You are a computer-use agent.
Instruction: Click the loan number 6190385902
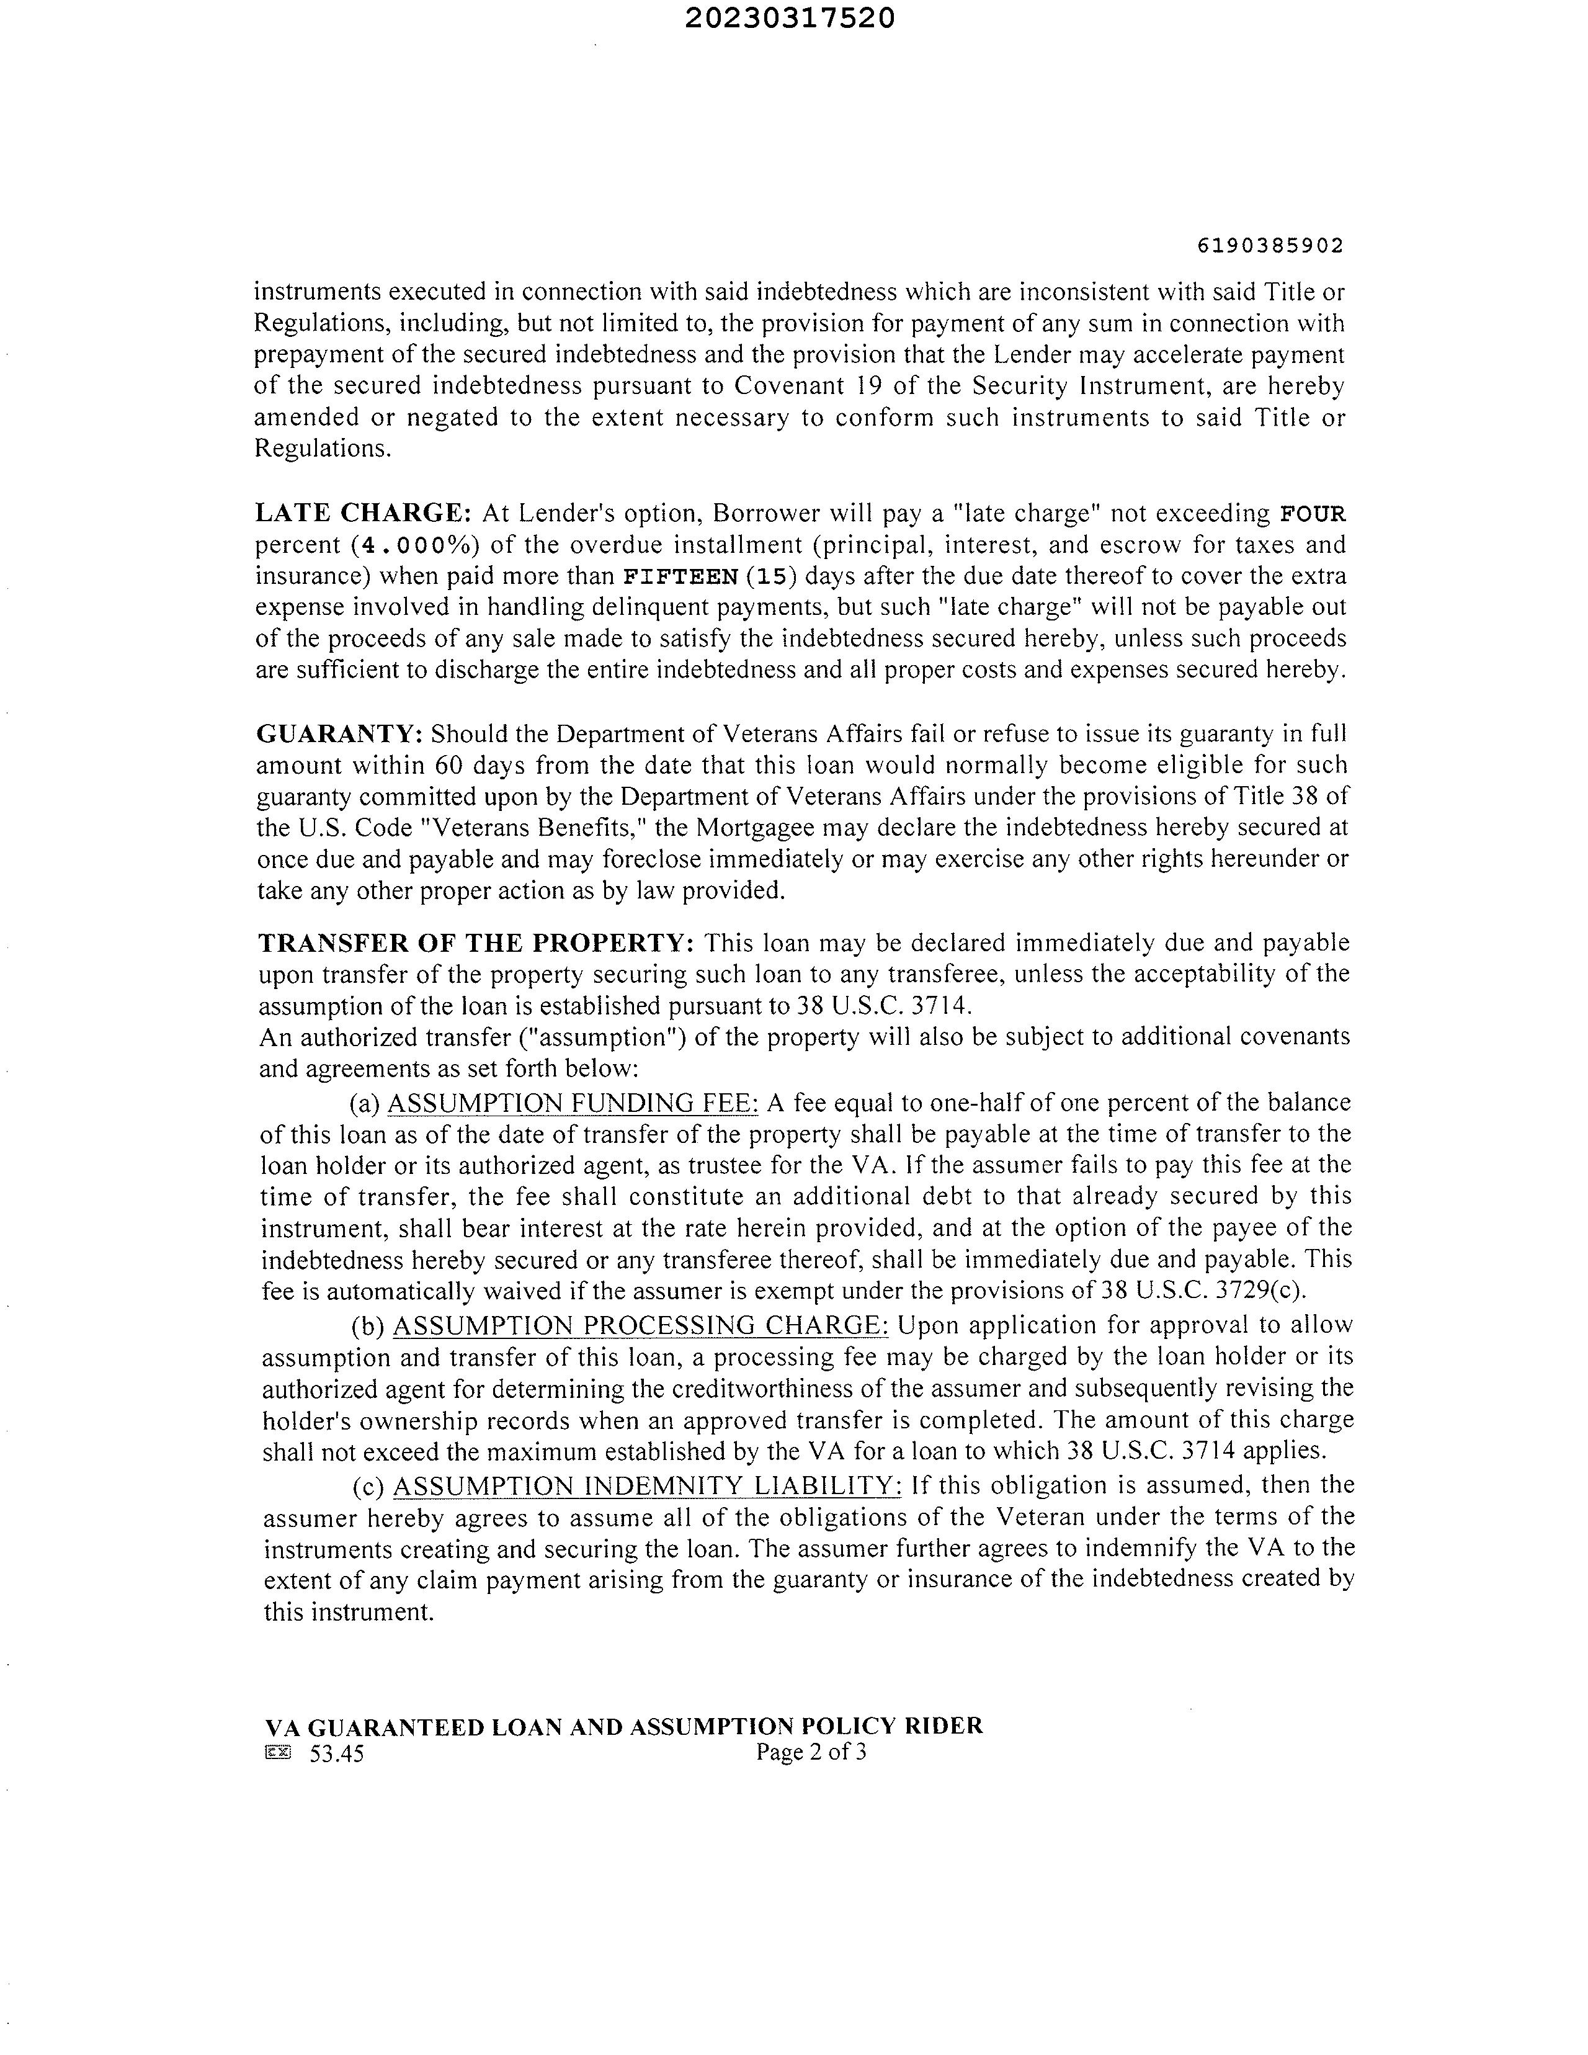(x=1270, y=246)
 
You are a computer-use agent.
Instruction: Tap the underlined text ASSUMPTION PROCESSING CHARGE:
(x=640, y=1325)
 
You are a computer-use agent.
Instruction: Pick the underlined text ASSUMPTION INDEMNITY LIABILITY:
(x=646, y=1485)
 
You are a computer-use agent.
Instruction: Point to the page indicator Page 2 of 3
(x=810, y=1752)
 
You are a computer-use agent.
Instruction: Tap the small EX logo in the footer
(x=279, y=1752)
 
